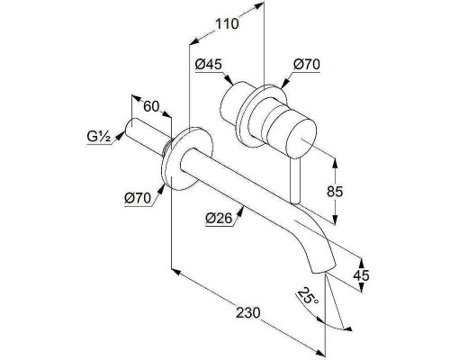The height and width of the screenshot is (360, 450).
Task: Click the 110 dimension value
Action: coord(227,23)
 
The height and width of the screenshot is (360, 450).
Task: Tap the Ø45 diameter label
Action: coord(209,65)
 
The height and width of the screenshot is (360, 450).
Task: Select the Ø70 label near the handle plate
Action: coord(307,65)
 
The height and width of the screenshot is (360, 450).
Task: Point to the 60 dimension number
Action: coord(151,106)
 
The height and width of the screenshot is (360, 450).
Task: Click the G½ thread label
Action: coord(99,137)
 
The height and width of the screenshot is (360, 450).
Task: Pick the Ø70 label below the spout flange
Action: coord(138,198)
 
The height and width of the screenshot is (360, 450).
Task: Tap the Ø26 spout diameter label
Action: coord(219,218)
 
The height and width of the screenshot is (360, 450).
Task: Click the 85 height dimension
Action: coord(335,192)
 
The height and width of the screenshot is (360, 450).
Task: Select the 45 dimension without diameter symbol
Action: coord(361,274)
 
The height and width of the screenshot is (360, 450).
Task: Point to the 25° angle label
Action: coord(308,296)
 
